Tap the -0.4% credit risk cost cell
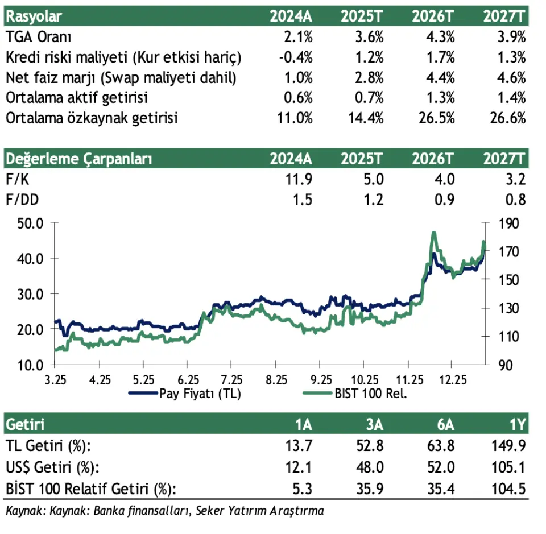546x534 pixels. click(297, 57)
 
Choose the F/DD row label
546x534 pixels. click(19, 200)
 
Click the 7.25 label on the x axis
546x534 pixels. click(231, 379)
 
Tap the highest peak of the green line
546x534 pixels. click(434, 233)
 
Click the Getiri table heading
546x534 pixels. click(25, 424)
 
